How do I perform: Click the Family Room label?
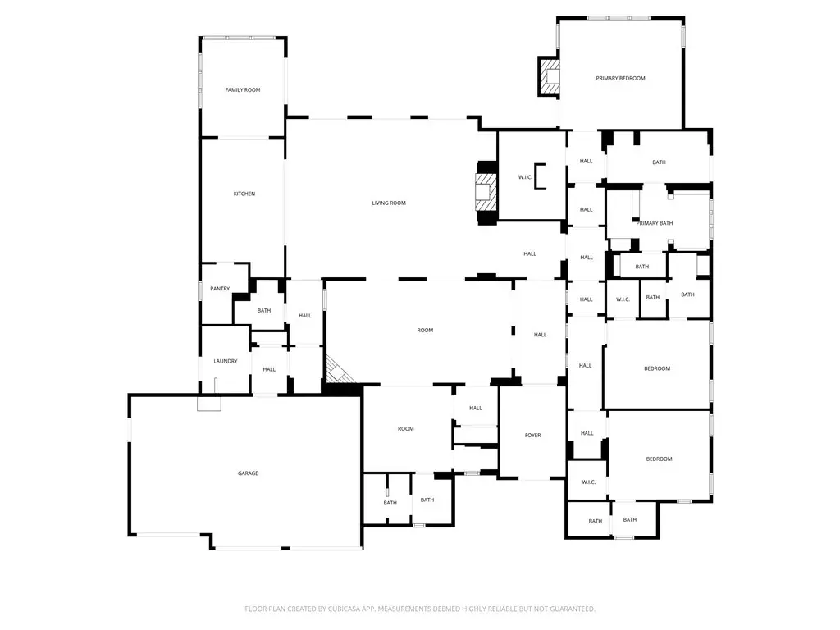click(x=243, y=90)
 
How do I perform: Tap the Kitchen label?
click(x=244, y=194)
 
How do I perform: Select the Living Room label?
click(x=389, y=203)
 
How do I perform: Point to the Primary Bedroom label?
click(x=620, y=78)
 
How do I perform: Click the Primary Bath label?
click(x=655, y=223)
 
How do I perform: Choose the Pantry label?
click(x=220, y=289)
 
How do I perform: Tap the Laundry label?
click(x=226, y=361)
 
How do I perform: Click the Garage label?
click(x=248, y=473)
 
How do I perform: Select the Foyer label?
click(x=533, y=436)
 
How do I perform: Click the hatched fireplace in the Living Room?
click(x=486, y=193)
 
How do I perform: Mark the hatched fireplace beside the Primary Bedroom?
click(x=550, y=76)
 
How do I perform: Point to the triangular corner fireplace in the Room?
click(x=337, y=372)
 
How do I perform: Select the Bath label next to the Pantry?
click(x=264, y=311)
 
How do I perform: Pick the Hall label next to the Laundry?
click(x=269, y=369)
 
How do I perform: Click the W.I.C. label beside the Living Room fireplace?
click(x=525, y=177)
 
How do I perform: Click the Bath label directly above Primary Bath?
click(x=660, y=162)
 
